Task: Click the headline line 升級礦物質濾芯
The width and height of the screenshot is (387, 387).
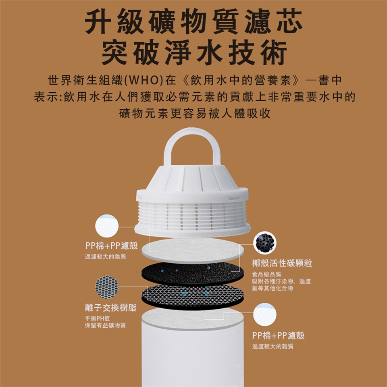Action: click(194, 21)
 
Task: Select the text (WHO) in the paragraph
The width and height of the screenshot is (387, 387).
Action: click(144, 80)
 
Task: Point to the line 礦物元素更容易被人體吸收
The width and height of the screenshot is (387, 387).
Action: click(195, 113)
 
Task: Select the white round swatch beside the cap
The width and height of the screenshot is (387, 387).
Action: click(107, 226)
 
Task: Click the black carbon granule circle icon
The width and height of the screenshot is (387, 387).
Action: click(265, 243)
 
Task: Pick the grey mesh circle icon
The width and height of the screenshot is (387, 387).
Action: click(107, 287)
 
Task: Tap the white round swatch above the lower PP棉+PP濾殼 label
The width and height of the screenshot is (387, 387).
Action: click(265, 314)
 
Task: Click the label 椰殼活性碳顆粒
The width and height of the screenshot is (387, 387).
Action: click(282, 263)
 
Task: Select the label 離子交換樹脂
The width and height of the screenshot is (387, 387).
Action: click(110, 308)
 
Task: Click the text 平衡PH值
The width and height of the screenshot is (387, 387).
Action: click(98, 318)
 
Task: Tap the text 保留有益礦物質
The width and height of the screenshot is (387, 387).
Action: click(105, 325)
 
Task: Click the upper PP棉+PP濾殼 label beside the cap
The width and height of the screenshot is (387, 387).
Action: click(112, 246)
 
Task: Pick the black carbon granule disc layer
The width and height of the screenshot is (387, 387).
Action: click(191, 273)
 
